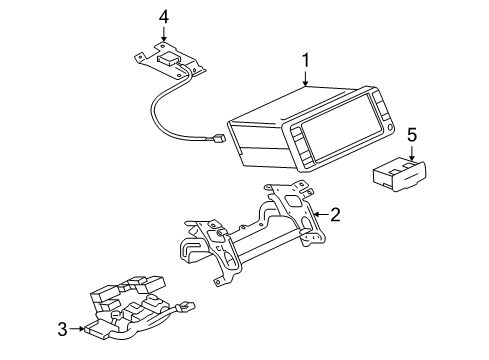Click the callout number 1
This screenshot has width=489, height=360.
point(305,61)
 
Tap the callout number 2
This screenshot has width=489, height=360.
point(335,214)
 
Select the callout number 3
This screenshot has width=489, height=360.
point(63,329)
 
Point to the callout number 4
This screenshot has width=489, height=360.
point(163,17)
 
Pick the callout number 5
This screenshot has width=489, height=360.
point(412,135)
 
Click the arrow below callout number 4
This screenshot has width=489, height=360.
point(163,34)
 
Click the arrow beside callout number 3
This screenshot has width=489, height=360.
point(77,329)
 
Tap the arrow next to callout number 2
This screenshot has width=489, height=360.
point(321,214)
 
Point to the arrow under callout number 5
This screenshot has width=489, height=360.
point(412,154)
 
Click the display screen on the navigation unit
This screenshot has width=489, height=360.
point(336,126)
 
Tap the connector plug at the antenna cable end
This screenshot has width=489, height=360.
point(220,137)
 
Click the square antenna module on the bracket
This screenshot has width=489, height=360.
point(169,60)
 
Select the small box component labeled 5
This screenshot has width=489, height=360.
point(399,175)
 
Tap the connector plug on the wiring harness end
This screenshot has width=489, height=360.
point(187,306)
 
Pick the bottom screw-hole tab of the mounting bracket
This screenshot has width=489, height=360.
point(219,282)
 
